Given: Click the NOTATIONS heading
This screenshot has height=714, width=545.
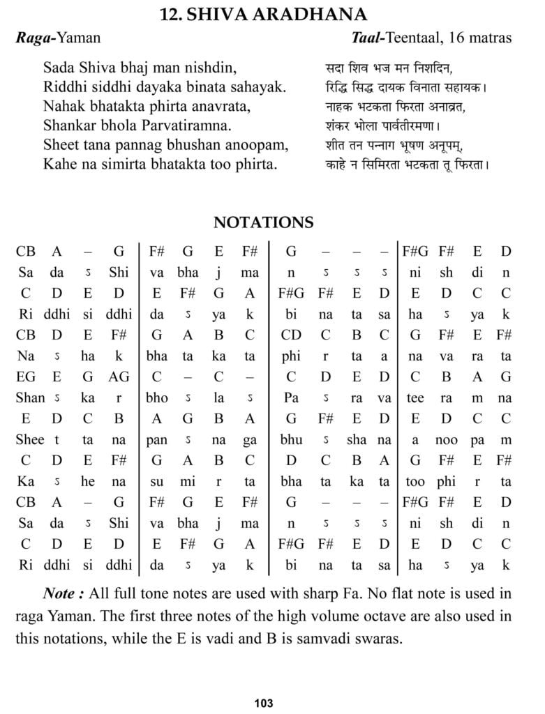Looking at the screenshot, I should (263, 222).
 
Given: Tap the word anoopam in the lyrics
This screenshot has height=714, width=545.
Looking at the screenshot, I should (257, 146).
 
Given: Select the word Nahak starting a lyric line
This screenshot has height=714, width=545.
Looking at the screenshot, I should (64, 108).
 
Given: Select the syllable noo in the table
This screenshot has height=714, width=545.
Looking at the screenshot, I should (446, 440).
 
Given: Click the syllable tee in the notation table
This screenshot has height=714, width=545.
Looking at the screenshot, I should (416, 398).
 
